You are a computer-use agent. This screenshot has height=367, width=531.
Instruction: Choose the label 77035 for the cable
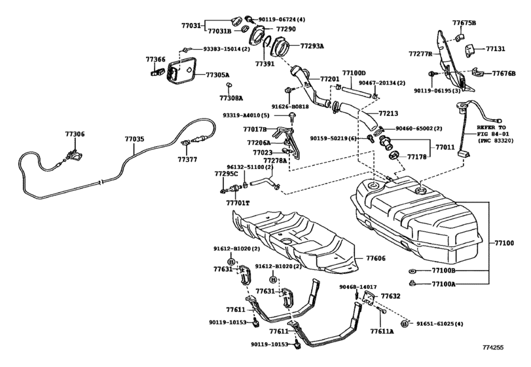135,140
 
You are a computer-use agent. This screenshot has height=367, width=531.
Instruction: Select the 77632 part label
390,296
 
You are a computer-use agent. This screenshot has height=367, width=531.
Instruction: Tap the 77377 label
187,159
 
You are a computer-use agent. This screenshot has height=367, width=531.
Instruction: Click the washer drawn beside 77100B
411,271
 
